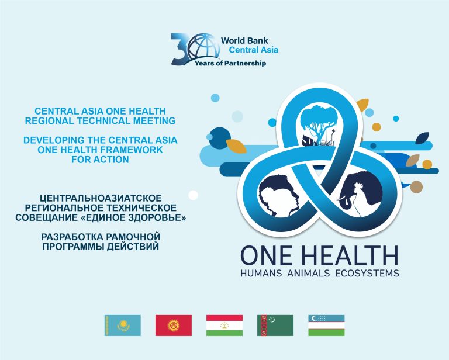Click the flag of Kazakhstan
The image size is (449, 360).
pyautogui.click(x=123, y=326)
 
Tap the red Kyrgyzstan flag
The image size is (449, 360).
pyautogui.click(x=174, y=326)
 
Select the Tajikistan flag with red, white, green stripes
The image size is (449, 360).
pyautogui.click(x=224, y=326)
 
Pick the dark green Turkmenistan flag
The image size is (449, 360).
pyautogui.click(x=275, y=326)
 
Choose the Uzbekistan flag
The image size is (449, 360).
pyautogui.click(x=326, y=326)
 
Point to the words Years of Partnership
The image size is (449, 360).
pyautogui.click(x=230, y=63)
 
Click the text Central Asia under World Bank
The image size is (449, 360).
pyautogui.click(x=253, y=50)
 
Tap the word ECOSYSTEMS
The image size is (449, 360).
pyautogui.click(x=367, y=274)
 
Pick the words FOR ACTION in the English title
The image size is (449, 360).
pyautogui.click(x=100, y=160)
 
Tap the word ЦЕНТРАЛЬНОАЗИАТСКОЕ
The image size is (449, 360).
pyautogui.click(x=101, y=198)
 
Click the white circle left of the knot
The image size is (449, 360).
pyautogui.click(x=194, y=195)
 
